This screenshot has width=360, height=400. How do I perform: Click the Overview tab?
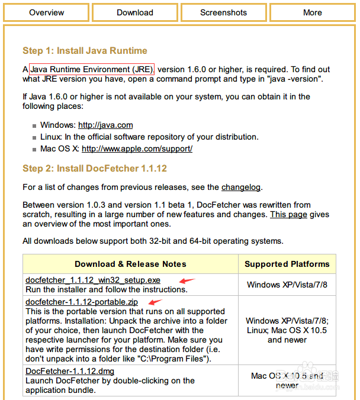click(x=46, y=12)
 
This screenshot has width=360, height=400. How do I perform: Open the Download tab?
click(x=134, y=12)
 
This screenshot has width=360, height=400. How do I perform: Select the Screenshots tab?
click(x=223, y=12)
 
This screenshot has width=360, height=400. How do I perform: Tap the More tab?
click(x=312, y=12)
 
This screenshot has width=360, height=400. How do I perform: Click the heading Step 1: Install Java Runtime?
click(x=85, y=51)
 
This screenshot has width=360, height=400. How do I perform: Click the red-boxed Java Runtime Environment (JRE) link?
click(x=92, y=69)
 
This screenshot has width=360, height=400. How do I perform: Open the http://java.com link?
click(x=105, y=125)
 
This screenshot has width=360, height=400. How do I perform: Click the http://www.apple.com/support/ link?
click(x=137, y=149)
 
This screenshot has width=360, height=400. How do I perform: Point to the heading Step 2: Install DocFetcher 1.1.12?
click(x=94, y=168)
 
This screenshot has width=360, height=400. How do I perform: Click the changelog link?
click(x=241, y=187)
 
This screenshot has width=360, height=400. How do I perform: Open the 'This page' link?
click(x=289, y=214)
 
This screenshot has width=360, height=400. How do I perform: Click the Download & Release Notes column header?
click(x=130, y=264)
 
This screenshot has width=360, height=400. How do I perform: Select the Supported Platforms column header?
click(x=287, y=264)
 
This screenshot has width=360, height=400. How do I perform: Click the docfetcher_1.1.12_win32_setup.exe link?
click(x=93, y=280)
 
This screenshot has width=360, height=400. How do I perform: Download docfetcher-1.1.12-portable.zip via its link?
click(x=82, y=302)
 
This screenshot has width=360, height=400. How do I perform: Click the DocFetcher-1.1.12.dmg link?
click(x=70, y=371)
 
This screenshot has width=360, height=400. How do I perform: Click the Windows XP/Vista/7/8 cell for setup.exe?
click(x=287, y=285)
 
